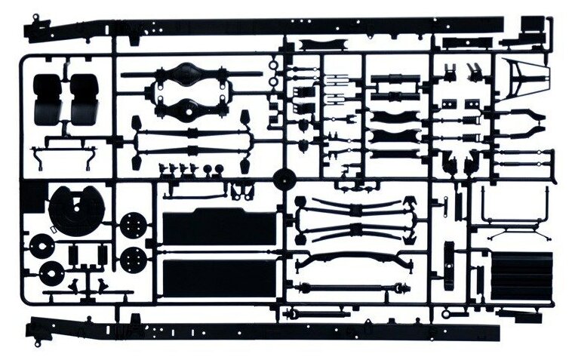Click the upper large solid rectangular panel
point(219,227)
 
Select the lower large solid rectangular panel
point(219,278)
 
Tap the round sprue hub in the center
point(284,180)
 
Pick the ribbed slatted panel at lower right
point(521,276)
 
